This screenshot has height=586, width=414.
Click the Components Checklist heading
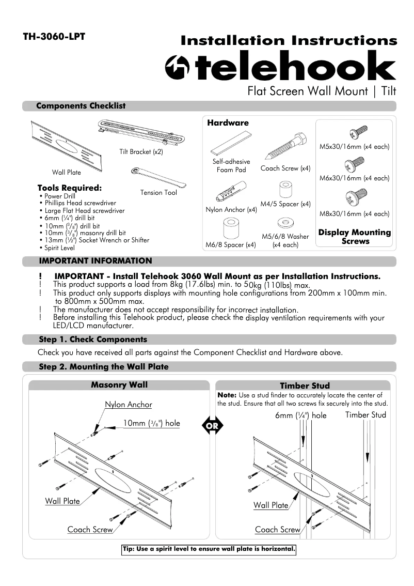(x=81, y=106)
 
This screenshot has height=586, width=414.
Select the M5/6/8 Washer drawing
(x=284, y=223)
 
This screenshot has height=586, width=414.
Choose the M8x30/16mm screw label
(x=354, y=213)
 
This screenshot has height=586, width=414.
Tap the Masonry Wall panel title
(x=119, y=385)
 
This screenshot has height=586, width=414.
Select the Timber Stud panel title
(x=305, y=385)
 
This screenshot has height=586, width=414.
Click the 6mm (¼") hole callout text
(x=300, y=415)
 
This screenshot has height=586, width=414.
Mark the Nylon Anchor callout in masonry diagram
(x=129, y=405)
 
